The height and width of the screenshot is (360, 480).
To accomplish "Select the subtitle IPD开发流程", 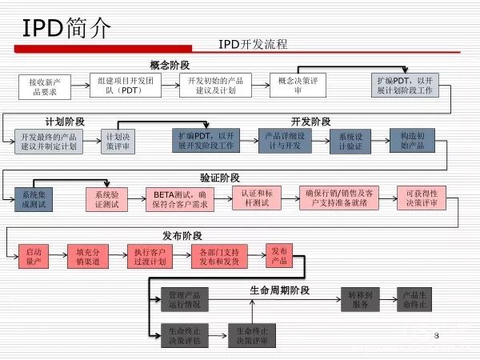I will click(253, 44).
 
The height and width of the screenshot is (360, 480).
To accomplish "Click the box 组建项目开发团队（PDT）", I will click(126, 86).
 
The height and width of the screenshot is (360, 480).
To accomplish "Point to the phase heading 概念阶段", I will click(170, 65).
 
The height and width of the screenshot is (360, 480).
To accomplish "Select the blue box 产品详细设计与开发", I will click(284, 142).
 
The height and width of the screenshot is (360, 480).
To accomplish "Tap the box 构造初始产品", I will click(411, 142).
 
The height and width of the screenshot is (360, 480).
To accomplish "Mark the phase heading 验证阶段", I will click(220, 178).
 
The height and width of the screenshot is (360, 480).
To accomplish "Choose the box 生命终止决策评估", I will click(185, 334).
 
